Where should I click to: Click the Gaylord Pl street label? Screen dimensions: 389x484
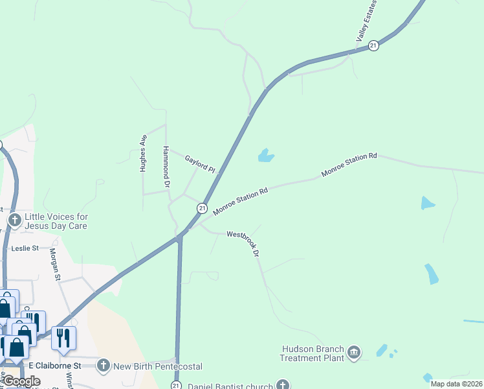coord(199,163)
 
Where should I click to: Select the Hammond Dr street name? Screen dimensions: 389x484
coord(166,167)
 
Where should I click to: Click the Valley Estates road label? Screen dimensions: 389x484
coord(367,22)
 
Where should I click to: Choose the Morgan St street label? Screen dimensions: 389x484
coord(55,265)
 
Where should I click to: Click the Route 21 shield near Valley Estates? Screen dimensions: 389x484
coord(373,45)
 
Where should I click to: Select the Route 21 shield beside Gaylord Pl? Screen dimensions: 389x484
coord(203,208)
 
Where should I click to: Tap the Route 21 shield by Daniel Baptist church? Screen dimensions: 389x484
coord(176,385)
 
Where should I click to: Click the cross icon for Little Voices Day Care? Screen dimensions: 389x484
coord(14,221)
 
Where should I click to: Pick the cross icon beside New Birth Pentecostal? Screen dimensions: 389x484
coord(103,366)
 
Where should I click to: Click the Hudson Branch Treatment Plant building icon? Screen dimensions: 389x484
coord(354,352)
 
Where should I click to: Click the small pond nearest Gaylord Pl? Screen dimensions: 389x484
coord(265,156)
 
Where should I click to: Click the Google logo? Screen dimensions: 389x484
coord(21,381)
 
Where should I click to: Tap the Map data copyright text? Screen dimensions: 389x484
coord(456,384)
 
